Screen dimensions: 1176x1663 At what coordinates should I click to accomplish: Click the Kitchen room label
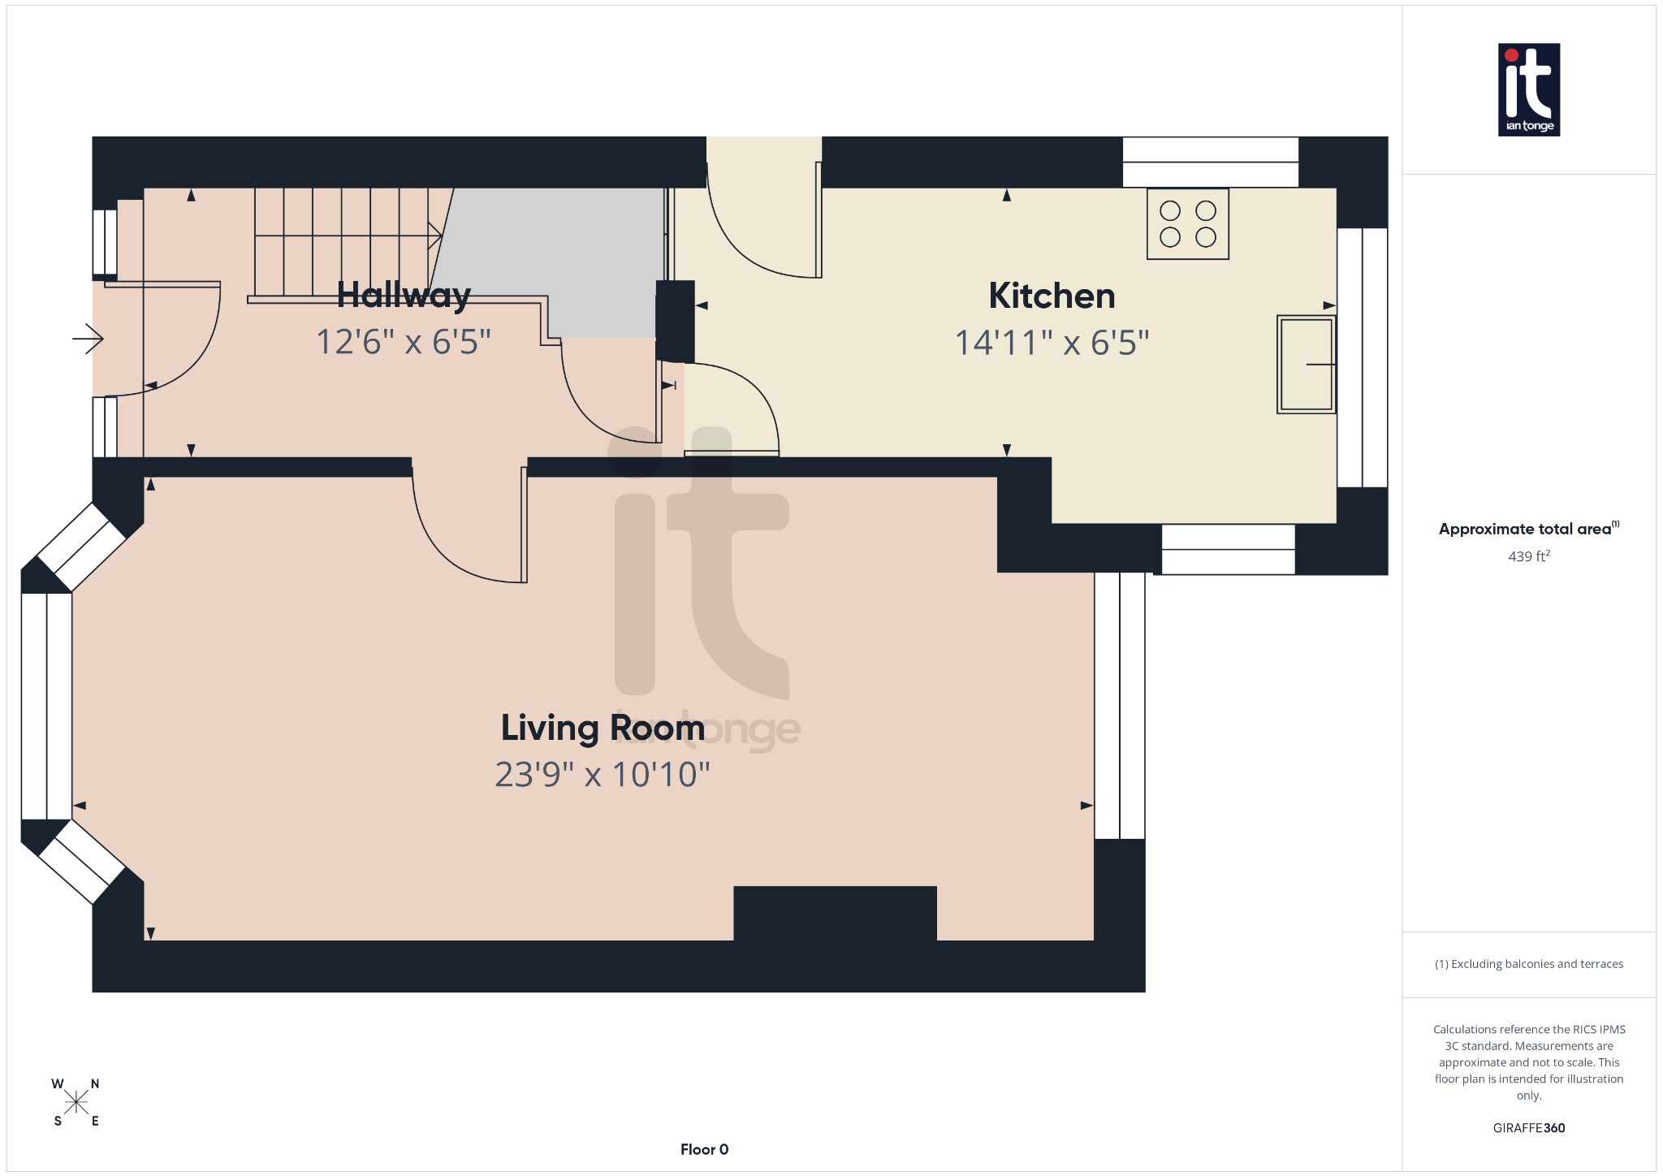tap(1052, 296)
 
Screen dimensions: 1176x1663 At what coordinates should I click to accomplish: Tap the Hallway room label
tap(404, 295)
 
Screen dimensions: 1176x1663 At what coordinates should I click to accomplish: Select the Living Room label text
tap(603, 728)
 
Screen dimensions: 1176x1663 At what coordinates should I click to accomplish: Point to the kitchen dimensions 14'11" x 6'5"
tap(1052, 343)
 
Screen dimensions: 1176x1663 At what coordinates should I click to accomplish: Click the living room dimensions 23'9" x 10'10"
tap(603, 775)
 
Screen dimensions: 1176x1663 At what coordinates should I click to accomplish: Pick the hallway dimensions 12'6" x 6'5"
tap(404, 342)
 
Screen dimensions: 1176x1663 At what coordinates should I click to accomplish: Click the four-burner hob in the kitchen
tap(1187, 224)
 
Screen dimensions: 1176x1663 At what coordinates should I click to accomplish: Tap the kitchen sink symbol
tap(1306, 364)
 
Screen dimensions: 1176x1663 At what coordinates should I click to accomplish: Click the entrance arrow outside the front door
tap(88, 338)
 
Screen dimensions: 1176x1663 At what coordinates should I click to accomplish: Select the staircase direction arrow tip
tap(438, 236)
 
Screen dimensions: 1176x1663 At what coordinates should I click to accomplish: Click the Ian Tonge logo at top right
tap(1528, 89)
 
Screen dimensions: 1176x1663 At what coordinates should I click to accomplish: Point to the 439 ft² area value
tap(1528, 556)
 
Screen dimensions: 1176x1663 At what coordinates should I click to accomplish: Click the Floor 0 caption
tap(704, 1149)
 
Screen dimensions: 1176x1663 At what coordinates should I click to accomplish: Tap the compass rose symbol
tap(76, 1102)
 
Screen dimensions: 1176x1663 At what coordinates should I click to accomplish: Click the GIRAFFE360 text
tap(1528, 1128)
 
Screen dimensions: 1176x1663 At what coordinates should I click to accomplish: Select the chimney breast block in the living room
tap(835, 913)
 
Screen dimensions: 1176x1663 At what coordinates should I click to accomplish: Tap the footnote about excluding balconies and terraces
tap(1528, 964)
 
